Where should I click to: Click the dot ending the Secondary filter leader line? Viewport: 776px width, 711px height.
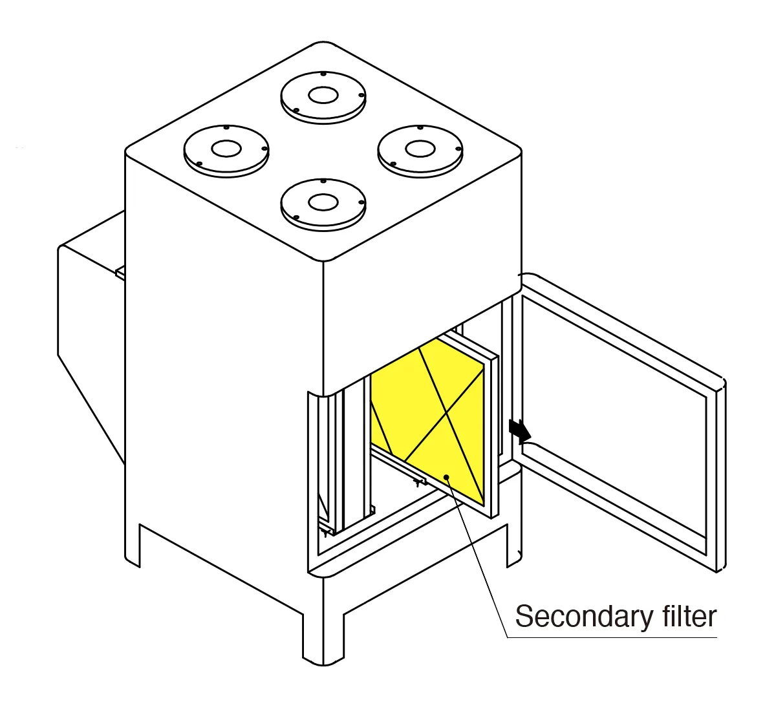(x=446, y=477)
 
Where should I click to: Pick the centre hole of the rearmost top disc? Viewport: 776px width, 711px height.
(x=323, y=95)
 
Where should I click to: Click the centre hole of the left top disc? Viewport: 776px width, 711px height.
(x=227, y=149)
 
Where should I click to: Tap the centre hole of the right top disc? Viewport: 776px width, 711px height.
(x=420, y=149)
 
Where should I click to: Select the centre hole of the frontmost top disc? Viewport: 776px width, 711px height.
(x=323, y=202)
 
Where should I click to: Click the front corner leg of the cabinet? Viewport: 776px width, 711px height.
(x=323, y=637)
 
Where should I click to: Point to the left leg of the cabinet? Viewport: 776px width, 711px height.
(x=133, y=546)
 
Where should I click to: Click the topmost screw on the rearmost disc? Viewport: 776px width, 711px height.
(x=323, y=74)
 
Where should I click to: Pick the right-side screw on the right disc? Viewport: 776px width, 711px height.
(x=458, y=149)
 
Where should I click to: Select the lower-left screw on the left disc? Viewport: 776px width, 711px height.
(x=199, y=164)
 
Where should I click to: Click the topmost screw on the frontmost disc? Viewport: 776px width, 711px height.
(x=323, y=181)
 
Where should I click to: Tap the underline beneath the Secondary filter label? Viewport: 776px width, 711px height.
(x=612, y=637)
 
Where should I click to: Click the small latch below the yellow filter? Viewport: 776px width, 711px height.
(x=417, y=482)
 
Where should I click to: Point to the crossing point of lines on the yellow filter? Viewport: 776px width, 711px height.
(x=447, y=413)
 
